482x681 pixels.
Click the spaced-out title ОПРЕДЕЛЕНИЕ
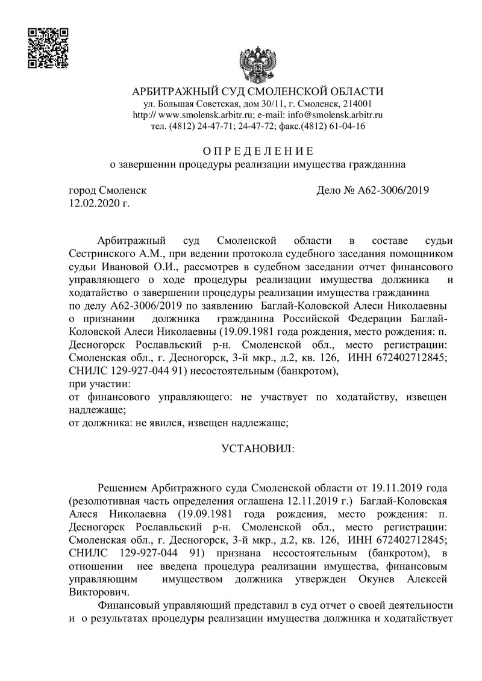(x=257, y=150)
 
